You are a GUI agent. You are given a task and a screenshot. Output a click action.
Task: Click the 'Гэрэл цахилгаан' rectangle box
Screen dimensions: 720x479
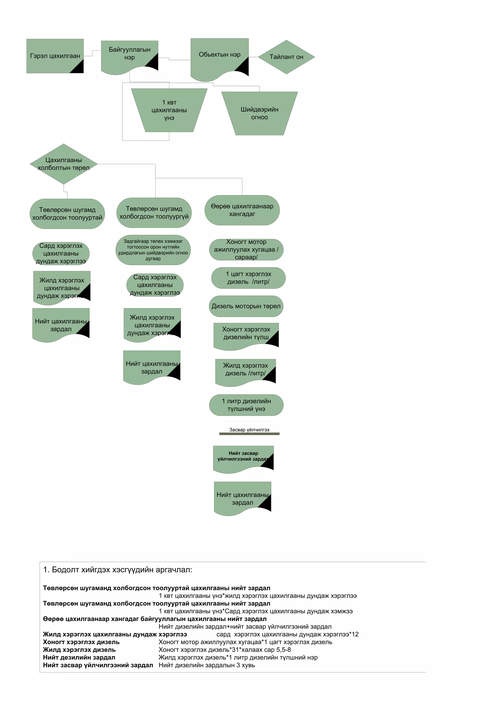click(55, 56)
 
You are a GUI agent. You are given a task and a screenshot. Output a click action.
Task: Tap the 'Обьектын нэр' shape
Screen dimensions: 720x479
click(219, 55)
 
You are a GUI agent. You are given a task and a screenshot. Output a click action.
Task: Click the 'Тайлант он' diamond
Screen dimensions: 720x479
click(286, 57)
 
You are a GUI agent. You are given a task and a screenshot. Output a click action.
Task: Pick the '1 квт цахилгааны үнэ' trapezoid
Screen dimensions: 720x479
click(169, 110)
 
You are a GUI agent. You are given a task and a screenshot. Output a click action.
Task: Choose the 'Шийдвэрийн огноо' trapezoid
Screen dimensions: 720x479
click(259, 113)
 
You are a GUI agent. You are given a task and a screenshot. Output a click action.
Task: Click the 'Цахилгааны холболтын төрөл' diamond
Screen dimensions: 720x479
click(64, 164)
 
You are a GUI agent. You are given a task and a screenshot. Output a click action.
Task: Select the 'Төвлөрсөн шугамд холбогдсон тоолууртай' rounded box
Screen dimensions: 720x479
click(67, 214)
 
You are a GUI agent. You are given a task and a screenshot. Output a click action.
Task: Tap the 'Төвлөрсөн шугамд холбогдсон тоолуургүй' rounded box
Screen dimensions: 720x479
click(154, 213)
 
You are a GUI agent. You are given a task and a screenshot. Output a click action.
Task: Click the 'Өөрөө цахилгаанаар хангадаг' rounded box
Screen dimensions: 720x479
click(242, 210)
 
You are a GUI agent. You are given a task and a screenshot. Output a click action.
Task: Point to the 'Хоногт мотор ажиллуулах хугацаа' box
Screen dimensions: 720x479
click(246, 250)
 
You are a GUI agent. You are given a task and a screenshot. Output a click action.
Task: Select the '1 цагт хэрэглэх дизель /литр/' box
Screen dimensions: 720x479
click(248, 278)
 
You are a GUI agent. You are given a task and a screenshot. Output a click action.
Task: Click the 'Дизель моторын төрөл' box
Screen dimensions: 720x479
click(246, 306)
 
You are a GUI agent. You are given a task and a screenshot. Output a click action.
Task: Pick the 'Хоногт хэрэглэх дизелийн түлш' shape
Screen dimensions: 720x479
click(246, 334)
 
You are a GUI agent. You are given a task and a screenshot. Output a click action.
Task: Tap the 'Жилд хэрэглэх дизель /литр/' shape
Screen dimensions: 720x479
click(245, 370)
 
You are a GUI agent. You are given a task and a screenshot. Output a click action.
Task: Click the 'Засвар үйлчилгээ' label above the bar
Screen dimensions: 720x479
click(249, 430)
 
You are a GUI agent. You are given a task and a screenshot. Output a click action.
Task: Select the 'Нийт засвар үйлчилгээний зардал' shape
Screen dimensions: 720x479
click(243, 457)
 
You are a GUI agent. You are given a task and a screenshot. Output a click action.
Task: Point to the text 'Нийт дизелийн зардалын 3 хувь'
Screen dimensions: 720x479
click(207, 665)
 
